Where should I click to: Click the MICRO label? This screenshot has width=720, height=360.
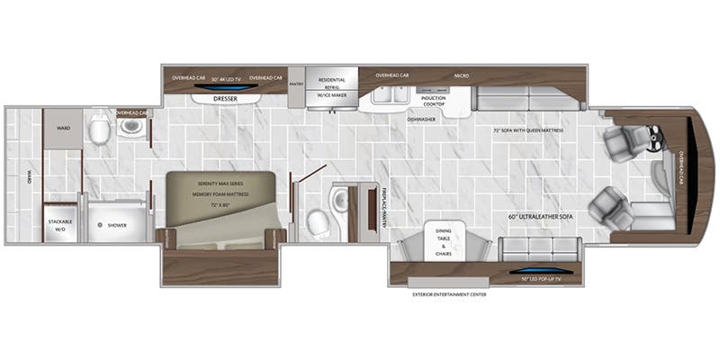(x=461, y=76)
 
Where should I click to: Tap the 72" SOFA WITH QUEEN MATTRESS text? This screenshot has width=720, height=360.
(x=528, y=130)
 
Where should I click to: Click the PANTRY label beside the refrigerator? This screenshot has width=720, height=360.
(x=297, y=83)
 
